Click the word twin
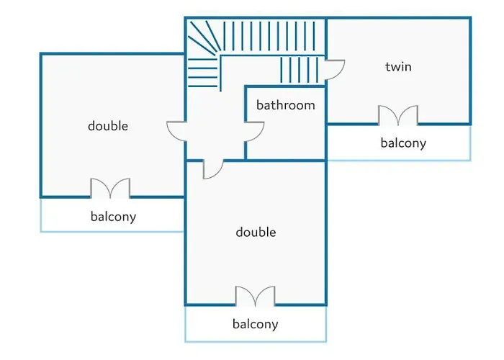(x=398, y=67)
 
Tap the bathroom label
(x=286, y=105)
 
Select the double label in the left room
(x=108, y=126)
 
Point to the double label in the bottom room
(x=256, y=232)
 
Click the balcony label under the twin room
(x=403, y=143)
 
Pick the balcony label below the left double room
(x=113, y=216)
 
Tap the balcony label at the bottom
(x=255, y=324)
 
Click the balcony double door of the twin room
(x=398, y=115)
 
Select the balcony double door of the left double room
(x=110, y=189)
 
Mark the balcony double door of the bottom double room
(x=256, y=296)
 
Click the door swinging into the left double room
(x=176, y=132)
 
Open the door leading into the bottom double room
(x=213, y=168)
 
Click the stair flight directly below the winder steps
(x=203, y=72)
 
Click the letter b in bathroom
(x=260, y=105)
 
